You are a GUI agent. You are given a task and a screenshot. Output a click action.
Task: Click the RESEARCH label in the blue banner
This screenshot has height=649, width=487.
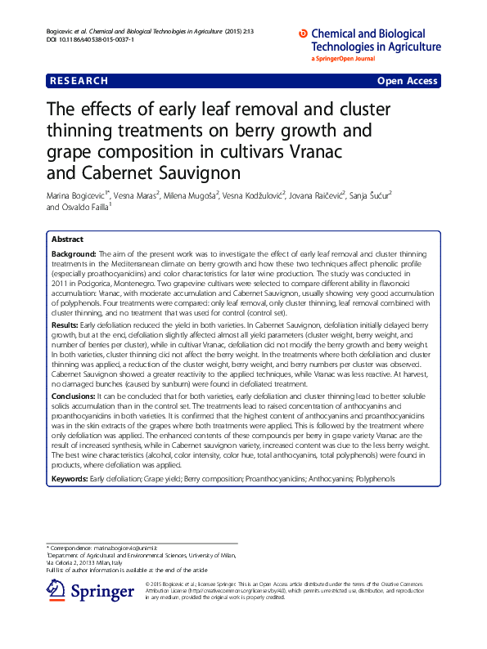tap(79, 81)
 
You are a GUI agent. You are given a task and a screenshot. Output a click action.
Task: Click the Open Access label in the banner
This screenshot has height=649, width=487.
tap(407, 81)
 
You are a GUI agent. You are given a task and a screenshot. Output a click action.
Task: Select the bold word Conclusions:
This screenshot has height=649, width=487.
tap(74, 396)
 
